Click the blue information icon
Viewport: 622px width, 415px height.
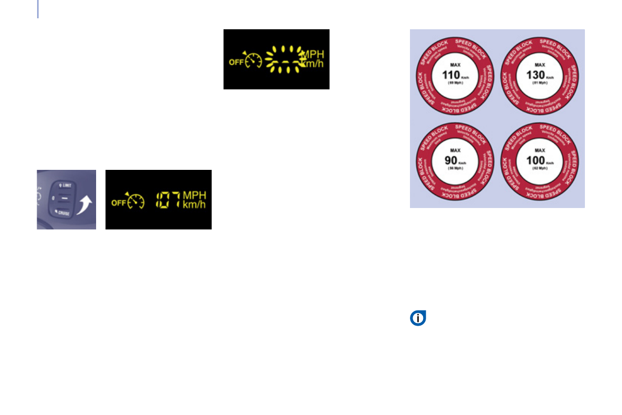(418, 318)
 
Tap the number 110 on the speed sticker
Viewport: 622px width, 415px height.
(450, 74)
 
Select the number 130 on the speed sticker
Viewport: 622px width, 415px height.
(535, 74)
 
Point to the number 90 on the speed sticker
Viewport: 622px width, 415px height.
(450, 160)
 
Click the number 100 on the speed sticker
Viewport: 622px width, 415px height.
(535, 160)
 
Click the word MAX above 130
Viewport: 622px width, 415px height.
(539, 64)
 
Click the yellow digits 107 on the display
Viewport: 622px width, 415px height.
(168, 200)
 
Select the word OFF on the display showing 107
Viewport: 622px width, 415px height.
(118, 203)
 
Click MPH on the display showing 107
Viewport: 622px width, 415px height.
(194, 195)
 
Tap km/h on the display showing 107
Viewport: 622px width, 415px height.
(194, 204)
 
